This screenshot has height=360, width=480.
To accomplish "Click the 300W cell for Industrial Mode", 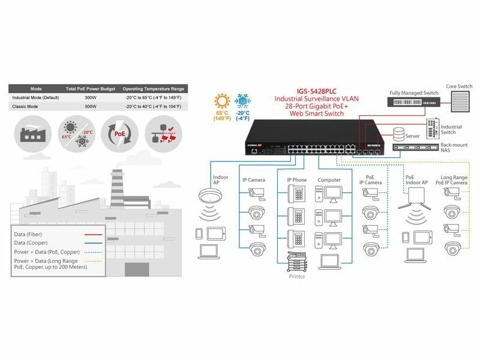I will click(x=91, y=97).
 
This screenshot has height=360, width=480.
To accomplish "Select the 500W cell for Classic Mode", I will click(x=91, y=106).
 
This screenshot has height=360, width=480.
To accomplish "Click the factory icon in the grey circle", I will click(x=31, y=131).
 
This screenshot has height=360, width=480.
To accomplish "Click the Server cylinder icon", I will click(x=398, y=133).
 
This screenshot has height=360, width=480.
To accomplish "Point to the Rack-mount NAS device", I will click(x=415, y=148).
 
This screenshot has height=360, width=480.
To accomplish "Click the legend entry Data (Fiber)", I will click(x=29, y=233).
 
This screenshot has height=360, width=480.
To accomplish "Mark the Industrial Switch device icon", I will click(x=431, y=127).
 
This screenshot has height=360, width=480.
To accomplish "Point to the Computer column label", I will click(x=329, y=179).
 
